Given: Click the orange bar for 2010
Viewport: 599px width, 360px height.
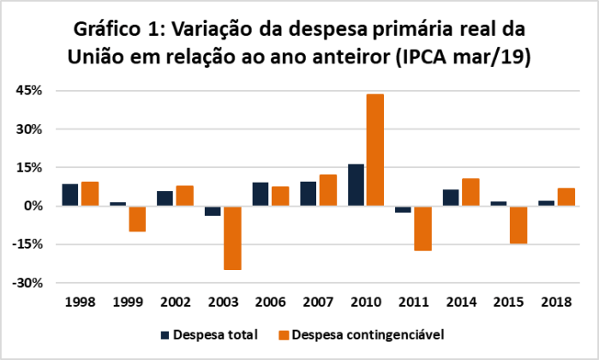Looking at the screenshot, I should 375,150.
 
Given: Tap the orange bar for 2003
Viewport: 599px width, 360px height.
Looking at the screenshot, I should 232,237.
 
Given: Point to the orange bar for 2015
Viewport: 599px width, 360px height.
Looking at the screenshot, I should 518,225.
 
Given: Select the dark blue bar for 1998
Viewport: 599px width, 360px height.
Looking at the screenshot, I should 70,195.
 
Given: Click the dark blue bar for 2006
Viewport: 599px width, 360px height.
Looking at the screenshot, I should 261,195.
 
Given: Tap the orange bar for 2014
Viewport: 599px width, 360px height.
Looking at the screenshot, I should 470,192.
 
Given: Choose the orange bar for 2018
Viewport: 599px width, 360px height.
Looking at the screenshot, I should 566,197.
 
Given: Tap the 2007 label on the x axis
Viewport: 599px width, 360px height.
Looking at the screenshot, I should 319,303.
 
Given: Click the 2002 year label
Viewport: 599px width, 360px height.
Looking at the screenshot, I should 176,303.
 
